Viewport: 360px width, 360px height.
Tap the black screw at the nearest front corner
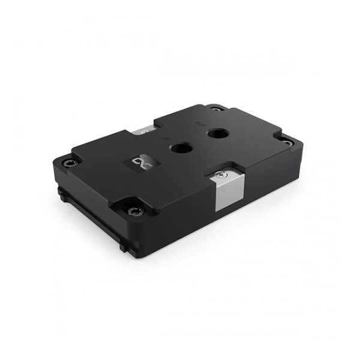click(134, 209)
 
